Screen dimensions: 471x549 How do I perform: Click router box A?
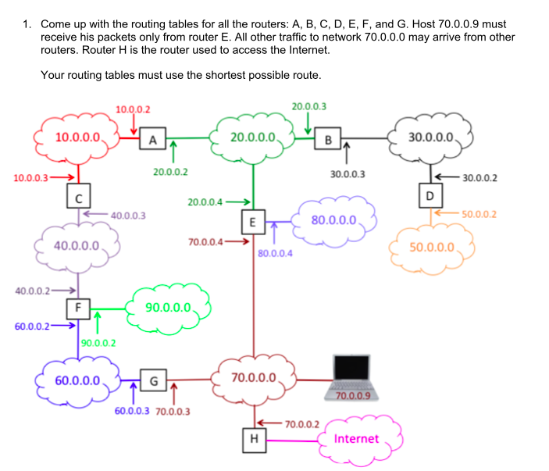[153, 140]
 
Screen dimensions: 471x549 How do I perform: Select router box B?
[328, 140]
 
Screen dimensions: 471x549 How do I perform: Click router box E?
[253, 221]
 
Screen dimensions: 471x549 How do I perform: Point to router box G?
[153, 381]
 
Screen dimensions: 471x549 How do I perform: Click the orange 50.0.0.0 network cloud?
[431, 247]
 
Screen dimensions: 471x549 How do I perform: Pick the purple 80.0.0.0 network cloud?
[333, 219]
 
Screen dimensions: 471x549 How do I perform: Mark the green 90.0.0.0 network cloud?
[169, 305]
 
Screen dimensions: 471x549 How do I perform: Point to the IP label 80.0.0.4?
[275, 253]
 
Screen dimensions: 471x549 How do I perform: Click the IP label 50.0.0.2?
[479, 213]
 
